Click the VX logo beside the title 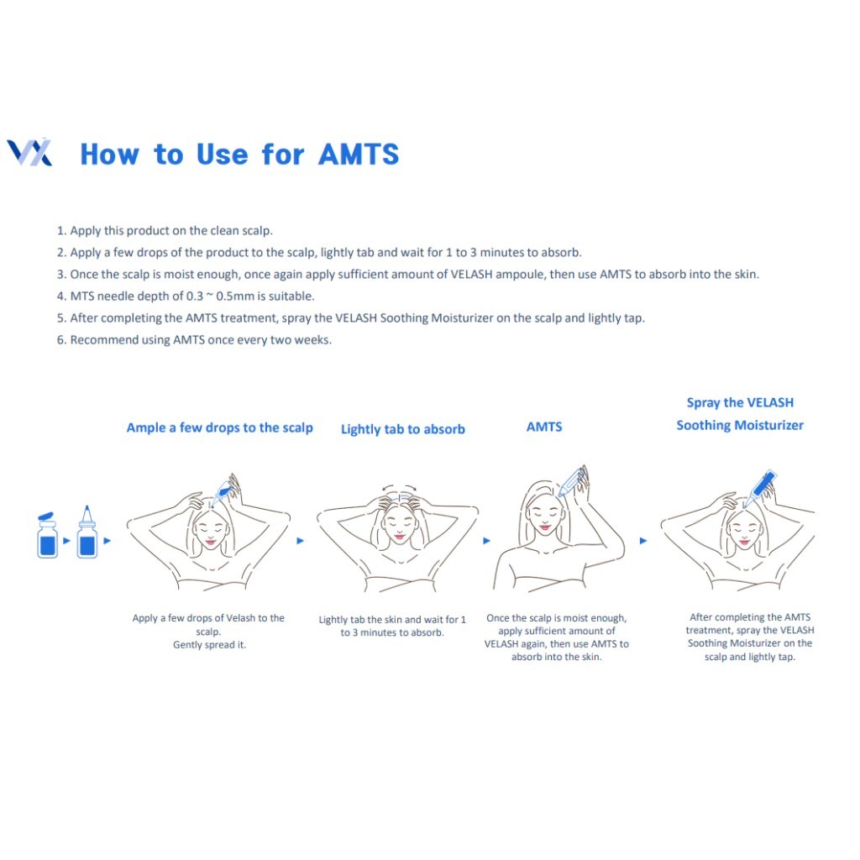coord(29,153)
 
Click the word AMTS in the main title coord(359,155)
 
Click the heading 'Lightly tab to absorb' coord(402,429)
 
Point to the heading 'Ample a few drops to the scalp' coord(219,427)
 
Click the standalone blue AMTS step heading coord(544,427)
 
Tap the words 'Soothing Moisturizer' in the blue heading coord(740,425)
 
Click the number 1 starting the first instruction coord(60,231)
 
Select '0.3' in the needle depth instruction coord(194,296)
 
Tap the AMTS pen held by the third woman coord(570,483)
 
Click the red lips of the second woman coord(399,536)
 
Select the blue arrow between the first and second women coord(300,541)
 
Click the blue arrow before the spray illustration coord(643,541)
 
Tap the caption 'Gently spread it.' coord(209,645)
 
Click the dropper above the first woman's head coord(222,492)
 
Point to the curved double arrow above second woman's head coord(399,487)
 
